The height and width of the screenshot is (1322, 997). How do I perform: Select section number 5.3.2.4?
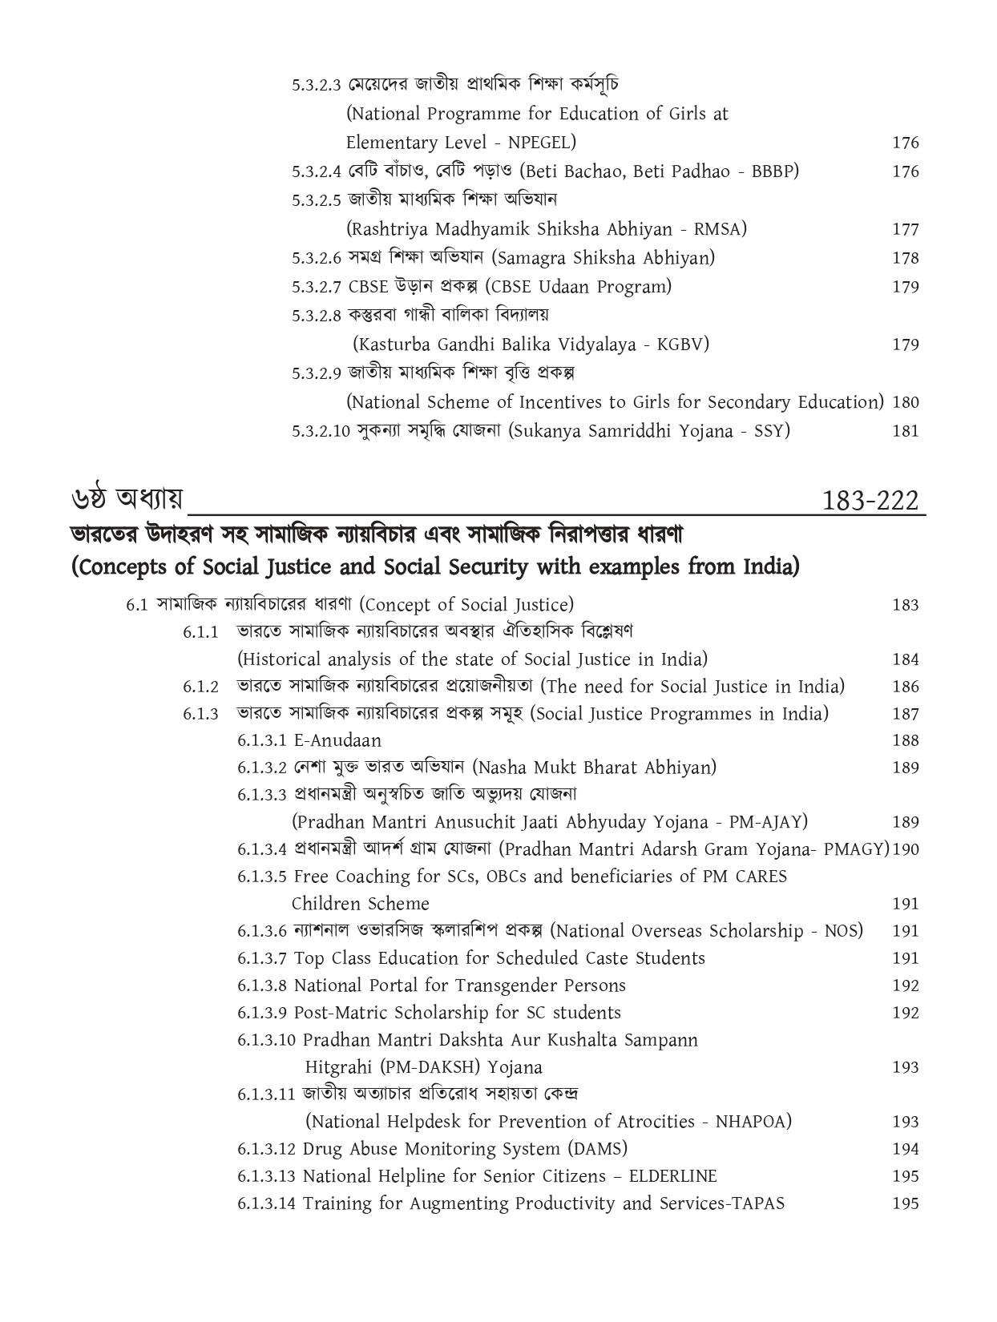point(317,171)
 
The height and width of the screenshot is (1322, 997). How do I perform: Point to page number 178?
point(905,258)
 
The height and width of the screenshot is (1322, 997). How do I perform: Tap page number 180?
point(905,402)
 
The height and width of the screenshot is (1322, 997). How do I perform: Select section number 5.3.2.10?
point(321,431)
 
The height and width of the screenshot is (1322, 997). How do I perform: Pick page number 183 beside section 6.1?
point(905,605)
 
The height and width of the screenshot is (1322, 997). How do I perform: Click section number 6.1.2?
point(200,687)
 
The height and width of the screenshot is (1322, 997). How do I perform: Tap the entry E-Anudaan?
point(337,740)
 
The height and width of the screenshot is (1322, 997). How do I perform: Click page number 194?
point(905,1149)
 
